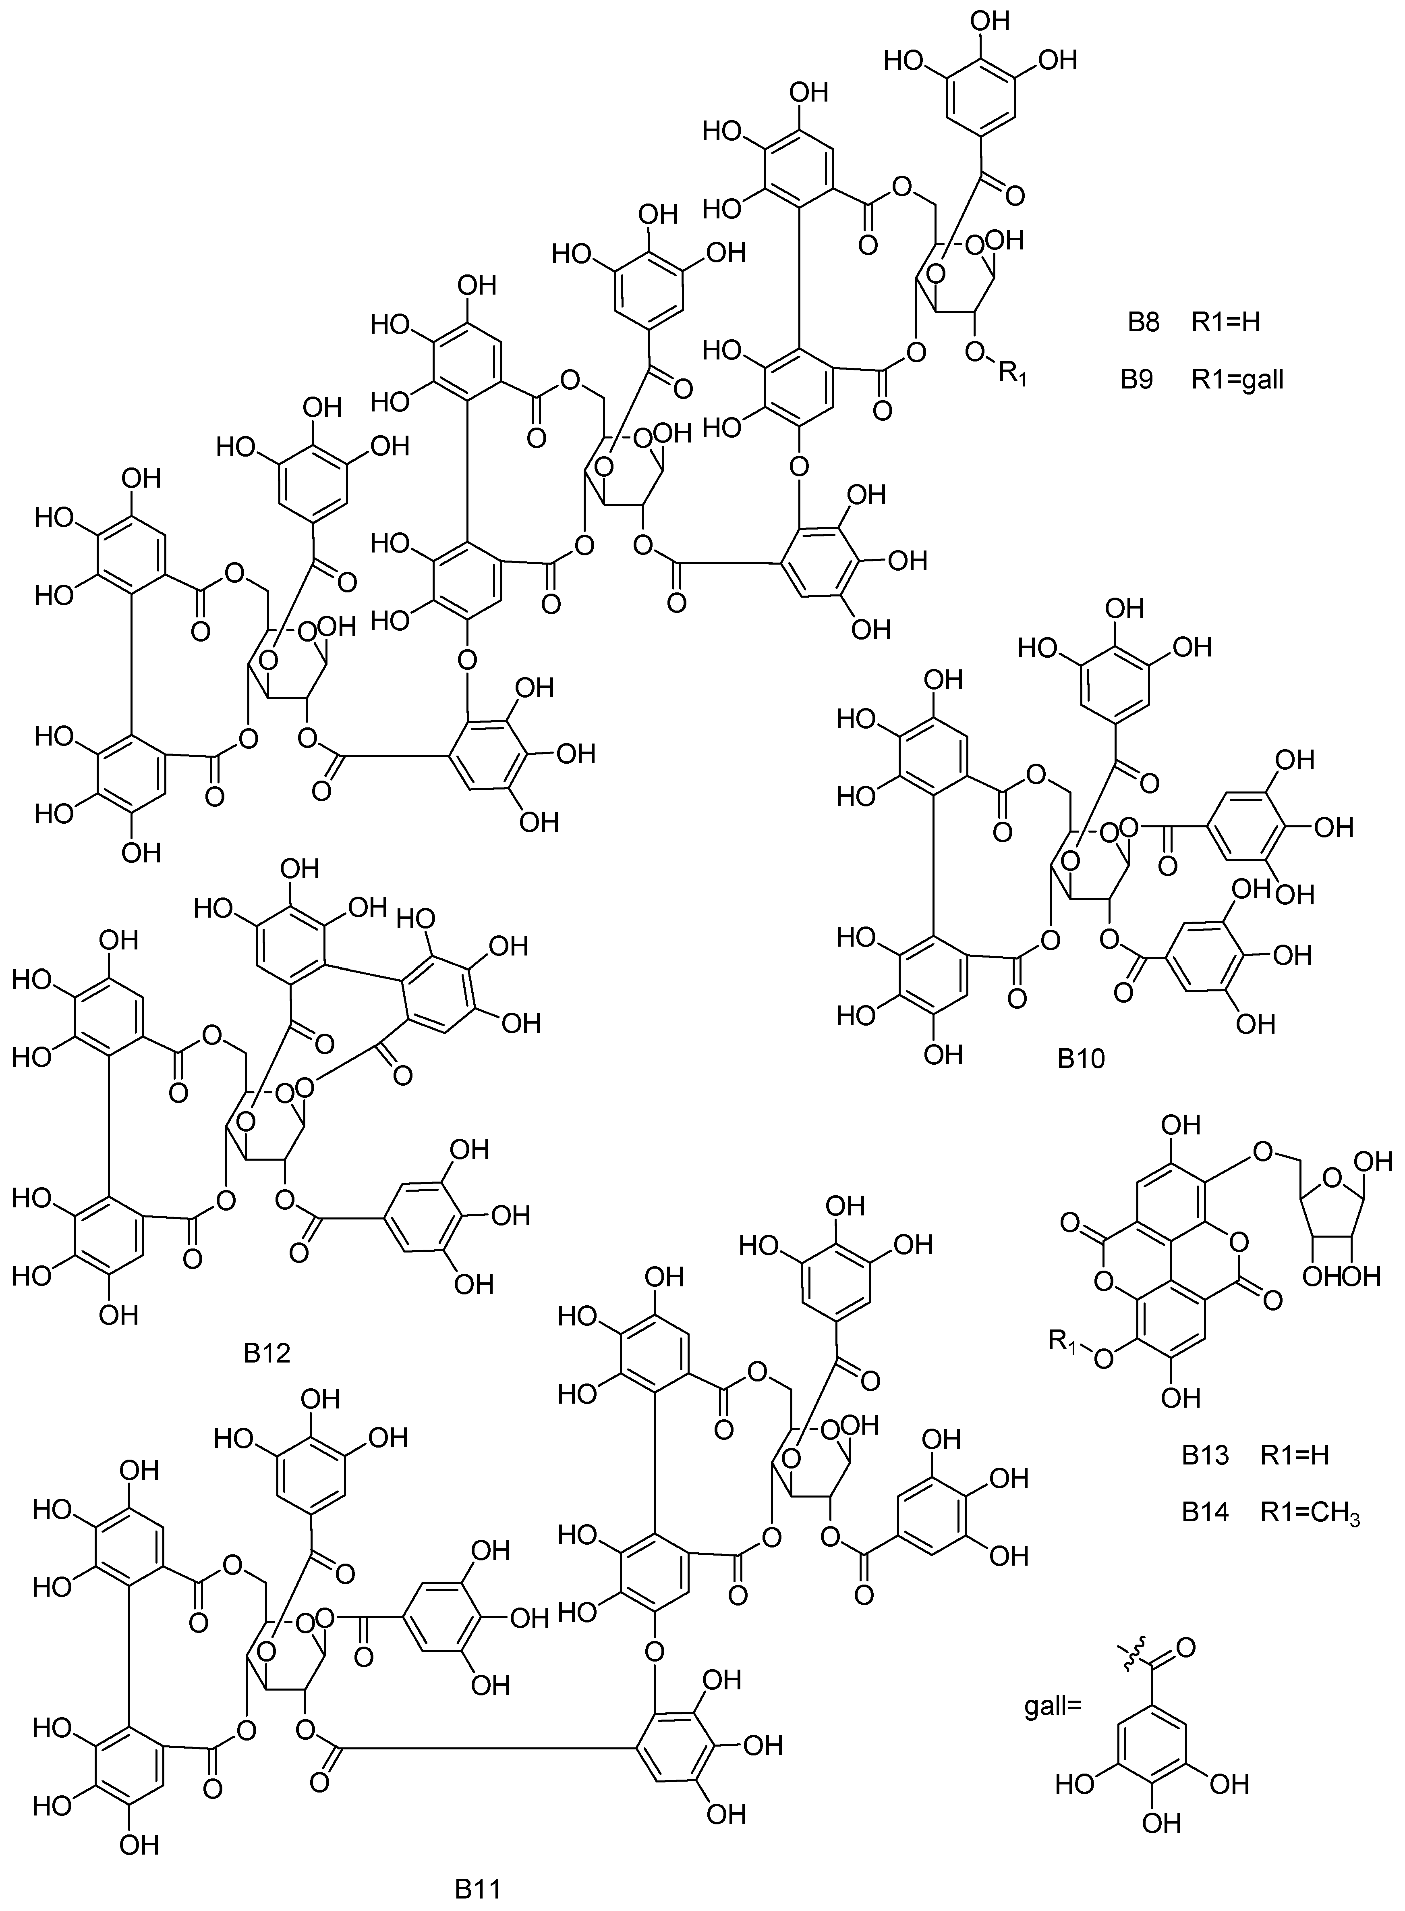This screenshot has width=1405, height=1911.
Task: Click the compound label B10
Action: point(1081,1059)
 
